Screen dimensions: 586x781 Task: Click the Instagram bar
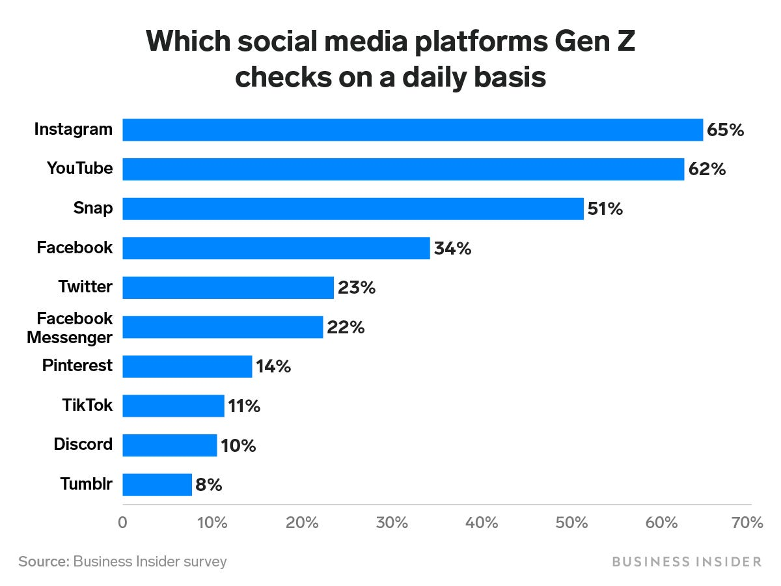(413, 130)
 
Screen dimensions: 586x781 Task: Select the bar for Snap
(353, 209)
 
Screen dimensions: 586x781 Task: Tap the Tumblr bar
(157, 485)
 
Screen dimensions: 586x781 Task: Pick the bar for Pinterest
(187, 367)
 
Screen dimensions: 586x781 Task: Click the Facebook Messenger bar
(223, 327)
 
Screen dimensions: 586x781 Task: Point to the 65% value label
(725, 130)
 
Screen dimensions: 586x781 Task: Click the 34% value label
(452, 248)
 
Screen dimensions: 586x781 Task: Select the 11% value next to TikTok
(244, 406)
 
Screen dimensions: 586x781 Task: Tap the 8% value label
(209, 485)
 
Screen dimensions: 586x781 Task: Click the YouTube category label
(79, 169)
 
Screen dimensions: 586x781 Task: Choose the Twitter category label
(85, 286)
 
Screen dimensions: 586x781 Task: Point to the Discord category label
(83, 445)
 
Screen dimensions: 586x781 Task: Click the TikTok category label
(87, 406)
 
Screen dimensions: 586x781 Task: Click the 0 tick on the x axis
(122, 523)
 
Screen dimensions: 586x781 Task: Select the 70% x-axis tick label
(747, 523)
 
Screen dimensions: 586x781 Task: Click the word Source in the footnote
(43, 561)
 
